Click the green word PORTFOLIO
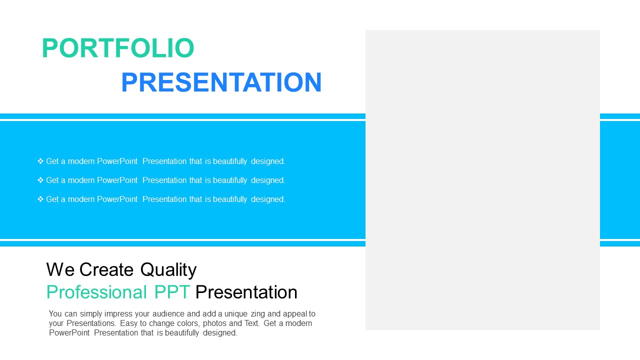coord(118,47)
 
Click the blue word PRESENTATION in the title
coord(221,82)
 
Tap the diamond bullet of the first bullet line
coord(40,161)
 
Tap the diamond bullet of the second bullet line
coord(40,180)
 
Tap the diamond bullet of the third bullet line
coord(40,199)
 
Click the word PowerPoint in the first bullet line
coord(117,161)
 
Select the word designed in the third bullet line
coord(267,199)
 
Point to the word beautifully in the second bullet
coord(230,180)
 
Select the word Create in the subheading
coord(106,269)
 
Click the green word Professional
coord(96,292)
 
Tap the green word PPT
coord(172,292)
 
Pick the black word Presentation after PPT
coord(246,292)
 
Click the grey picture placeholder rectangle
coord(482,180)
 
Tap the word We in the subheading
coord(60,269)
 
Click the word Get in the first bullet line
coord(52,161)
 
